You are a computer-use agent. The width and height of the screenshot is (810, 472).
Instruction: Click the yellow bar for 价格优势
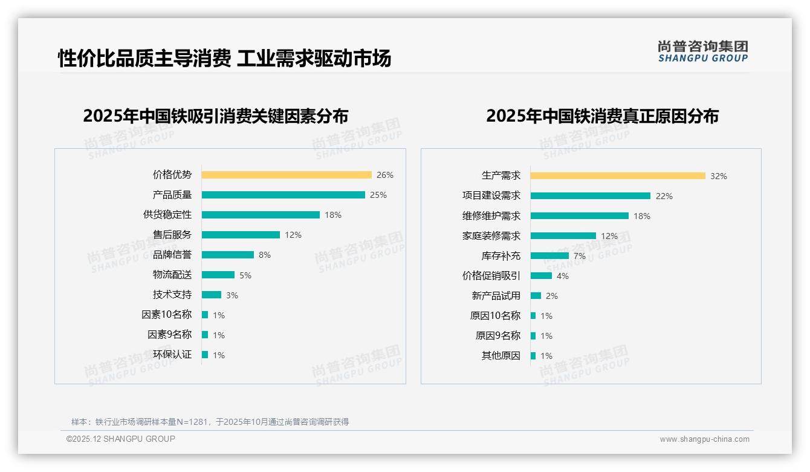287,175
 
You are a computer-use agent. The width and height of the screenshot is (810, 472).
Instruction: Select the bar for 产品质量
283,195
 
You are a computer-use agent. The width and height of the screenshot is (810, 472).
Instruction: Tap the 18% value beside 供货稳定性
333,215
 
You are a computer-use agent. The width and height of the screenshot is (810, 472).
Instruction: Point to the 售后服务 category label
172,235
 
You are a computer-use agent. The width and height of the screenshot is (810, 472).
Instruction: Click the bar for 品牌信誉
228,255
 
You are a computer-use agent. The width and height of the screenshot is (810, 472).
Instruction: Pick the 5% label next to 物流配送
245,275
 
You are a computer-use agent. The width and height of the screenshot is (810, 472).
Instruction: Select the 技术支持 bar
212,295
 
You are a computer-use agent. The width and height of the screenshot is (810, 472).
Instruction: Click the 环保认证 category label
172,355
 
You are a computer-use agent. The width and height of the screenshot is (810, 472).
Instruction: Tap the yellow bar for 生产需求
618,176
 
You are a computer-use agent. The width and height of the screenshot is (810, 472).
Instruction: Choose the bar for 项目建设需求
591,196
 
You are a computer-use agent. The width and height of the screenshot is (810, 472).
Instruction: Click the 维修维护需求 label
491,216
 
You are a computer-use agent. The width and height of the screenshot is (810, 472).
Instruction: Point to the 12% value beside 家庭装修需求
609,236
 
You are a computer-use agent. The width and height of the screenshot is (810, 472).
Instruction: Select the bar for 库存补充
550,256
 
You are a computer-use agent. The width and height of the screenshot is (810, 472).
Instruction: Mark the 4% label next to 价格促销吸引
563,276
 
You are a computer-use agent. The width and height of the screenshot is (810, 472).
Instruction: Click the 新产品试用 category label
496,296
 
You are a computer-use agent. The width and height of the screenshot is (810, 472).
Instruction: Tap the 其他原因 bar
533,356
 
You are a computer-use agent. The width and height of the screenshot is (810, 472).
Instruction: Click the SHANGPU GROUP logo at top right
703,51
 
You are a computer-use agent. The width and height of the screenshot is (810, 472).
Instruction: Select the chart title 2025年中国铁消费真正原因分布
602,116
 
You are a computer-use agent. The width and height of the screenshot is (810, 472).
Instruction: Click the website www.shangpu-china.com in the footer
704,439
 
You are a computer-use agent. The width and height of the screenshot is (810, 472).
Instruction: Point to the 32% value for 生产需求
719,176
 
